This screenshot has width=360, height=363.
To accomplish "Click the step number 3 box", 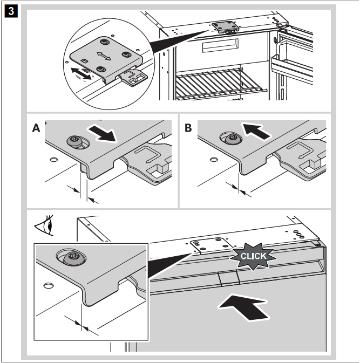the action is point(11,11).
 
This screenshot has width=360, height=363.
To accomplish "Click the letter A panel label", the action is point(36,128).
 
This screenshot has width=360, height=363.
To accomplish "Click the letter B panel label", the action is point(188,128).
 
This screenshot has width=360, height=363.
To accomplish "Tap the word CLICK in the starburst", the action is point(253,256).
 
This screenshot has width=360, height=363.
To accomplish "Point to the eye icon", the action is point(44,225).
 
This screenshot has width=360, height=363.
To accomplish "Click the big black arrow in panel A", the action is point(102,133).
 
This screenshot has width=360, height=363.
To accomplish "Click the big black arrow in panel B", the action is point(255,132).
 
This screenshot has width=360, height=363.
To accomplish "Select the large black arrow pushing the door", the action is point(244,307).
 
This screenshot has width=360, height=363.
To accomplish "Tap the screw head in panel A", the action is point(75,141).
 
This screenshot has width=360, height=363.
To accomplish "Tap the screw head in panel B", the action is point(232,139).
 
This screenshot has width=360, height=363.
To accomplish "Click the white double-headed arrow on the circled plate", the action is point(104,56).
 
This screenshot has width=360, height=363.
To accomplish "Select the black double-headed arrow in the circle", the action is point(81,74).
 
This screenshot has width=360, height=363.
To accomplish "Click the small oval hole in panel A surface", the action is point(54,159).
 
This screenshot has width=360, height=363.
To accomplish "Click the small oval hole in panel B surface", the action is point(214,159).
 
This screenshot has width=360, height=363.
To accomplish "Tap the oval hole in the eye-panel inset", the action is point(49,285).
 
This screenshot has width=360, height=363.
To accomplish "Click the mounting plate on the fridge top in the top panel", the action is point(226,27).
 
